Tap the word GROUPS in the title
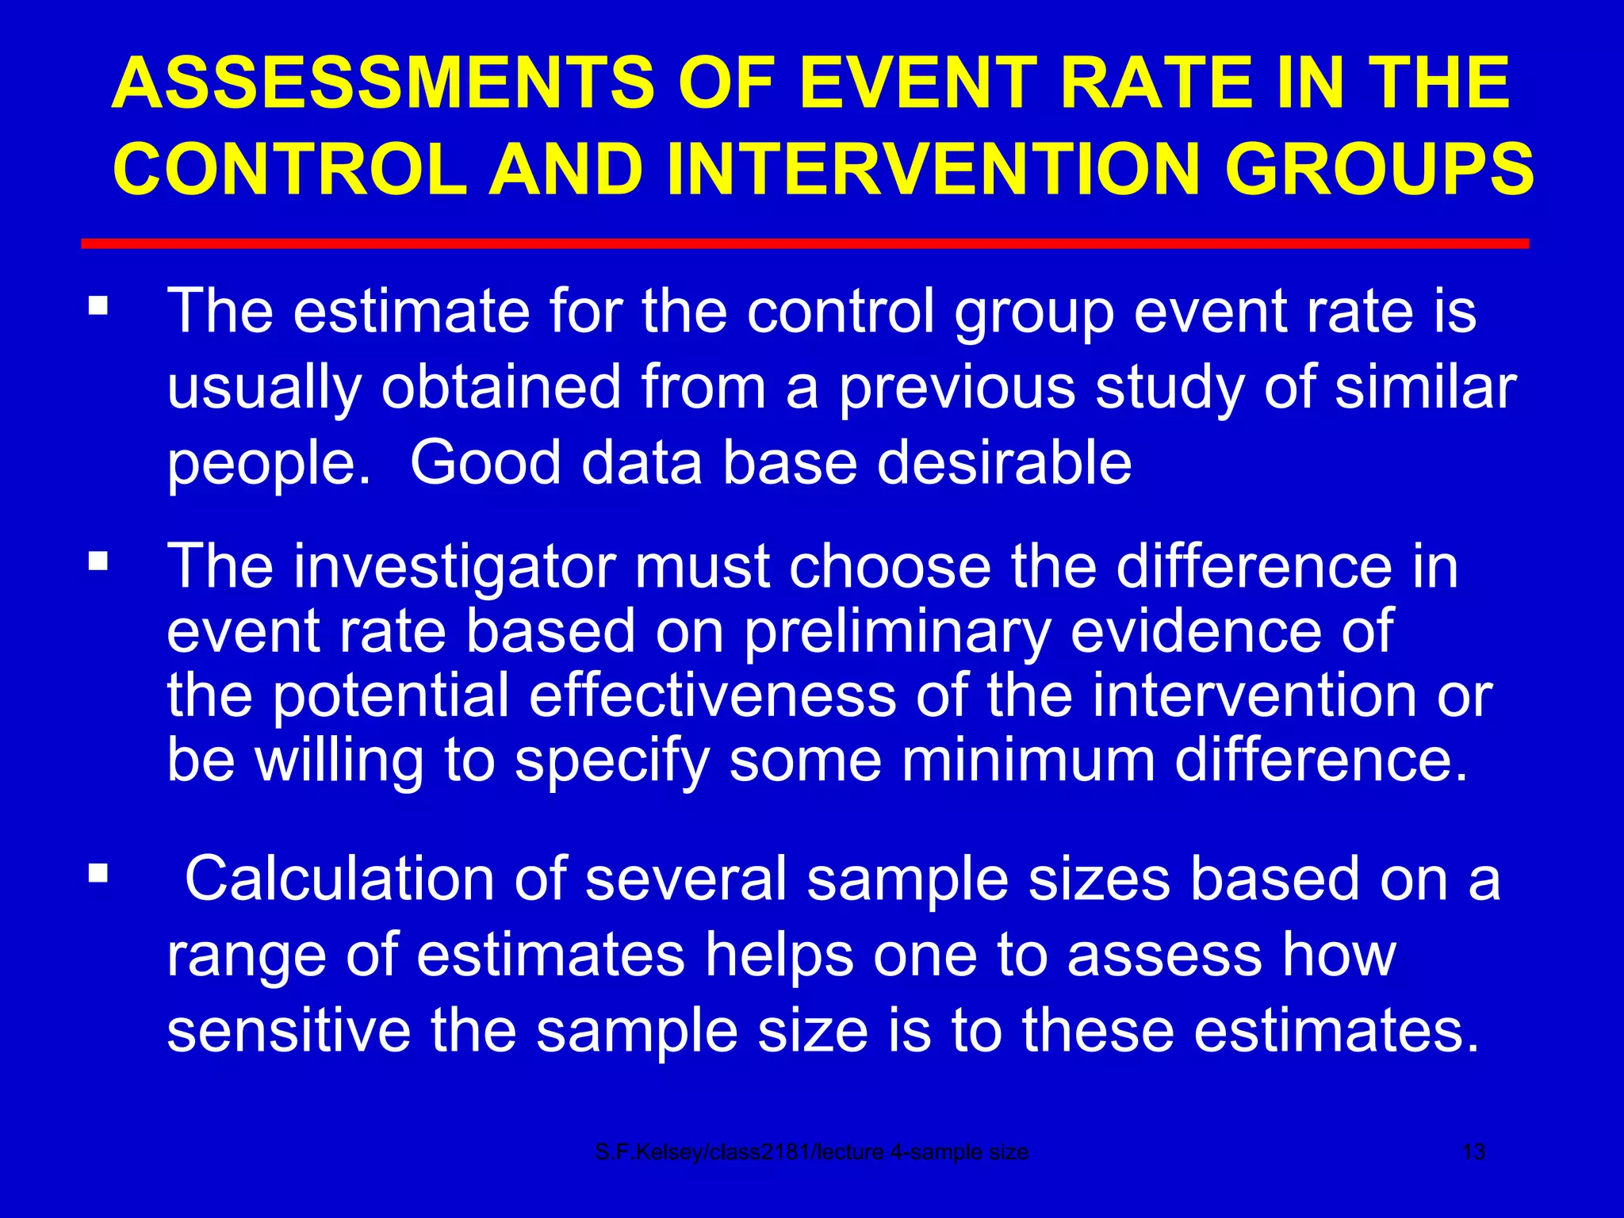[1379, 169]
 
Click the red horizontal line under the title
[804, 243]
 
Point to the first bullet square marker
[98, 305]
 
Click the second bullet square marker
[98, 561]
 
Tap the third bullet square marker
[98, 874]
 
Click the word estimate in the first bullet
[412, 311]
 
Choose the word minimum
[1028, 760]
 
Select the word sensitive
[289, 1030]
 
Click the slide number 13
[1473, 1152]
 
